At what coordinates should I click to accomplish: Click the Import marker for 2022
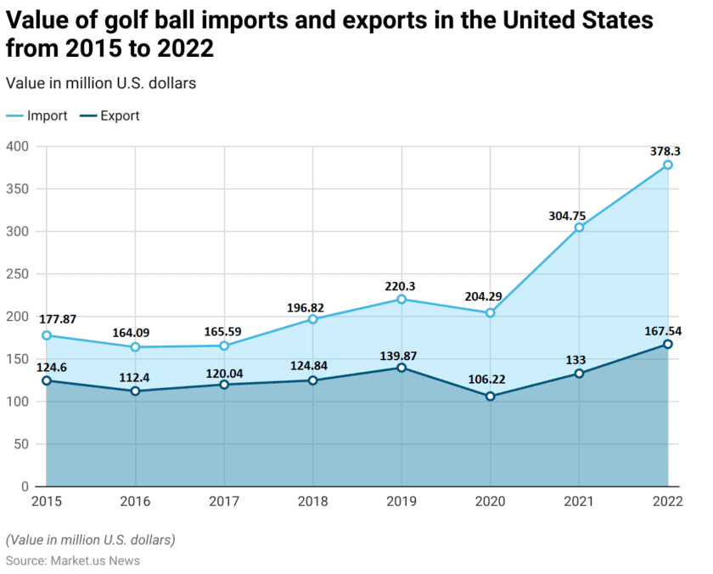pos(668,165)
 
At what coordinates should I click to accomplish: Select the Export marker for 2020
pos(491,397)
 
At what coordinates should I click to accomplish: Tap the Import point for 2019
pos(401,299)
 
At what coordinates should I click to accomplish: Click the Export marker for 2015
pos(47,380)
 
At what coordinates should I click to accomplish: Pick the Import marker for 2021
pos(579,228)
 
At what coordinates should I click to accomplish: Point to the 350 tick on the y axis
pos(19,189)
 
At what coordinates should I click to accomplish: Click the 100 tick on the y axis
pos(19,402)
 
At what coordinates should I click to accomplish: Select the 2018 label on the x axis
pos(312,502)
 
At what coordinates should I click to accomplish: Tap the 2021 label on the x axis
pos(579,502)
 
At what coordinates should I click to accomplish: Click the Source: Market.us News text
pos(73,560)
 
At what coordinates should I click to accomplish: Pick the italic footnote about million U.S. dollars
pos(90,540)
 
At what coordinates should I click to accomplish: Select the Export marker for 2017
pos(224,385)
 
